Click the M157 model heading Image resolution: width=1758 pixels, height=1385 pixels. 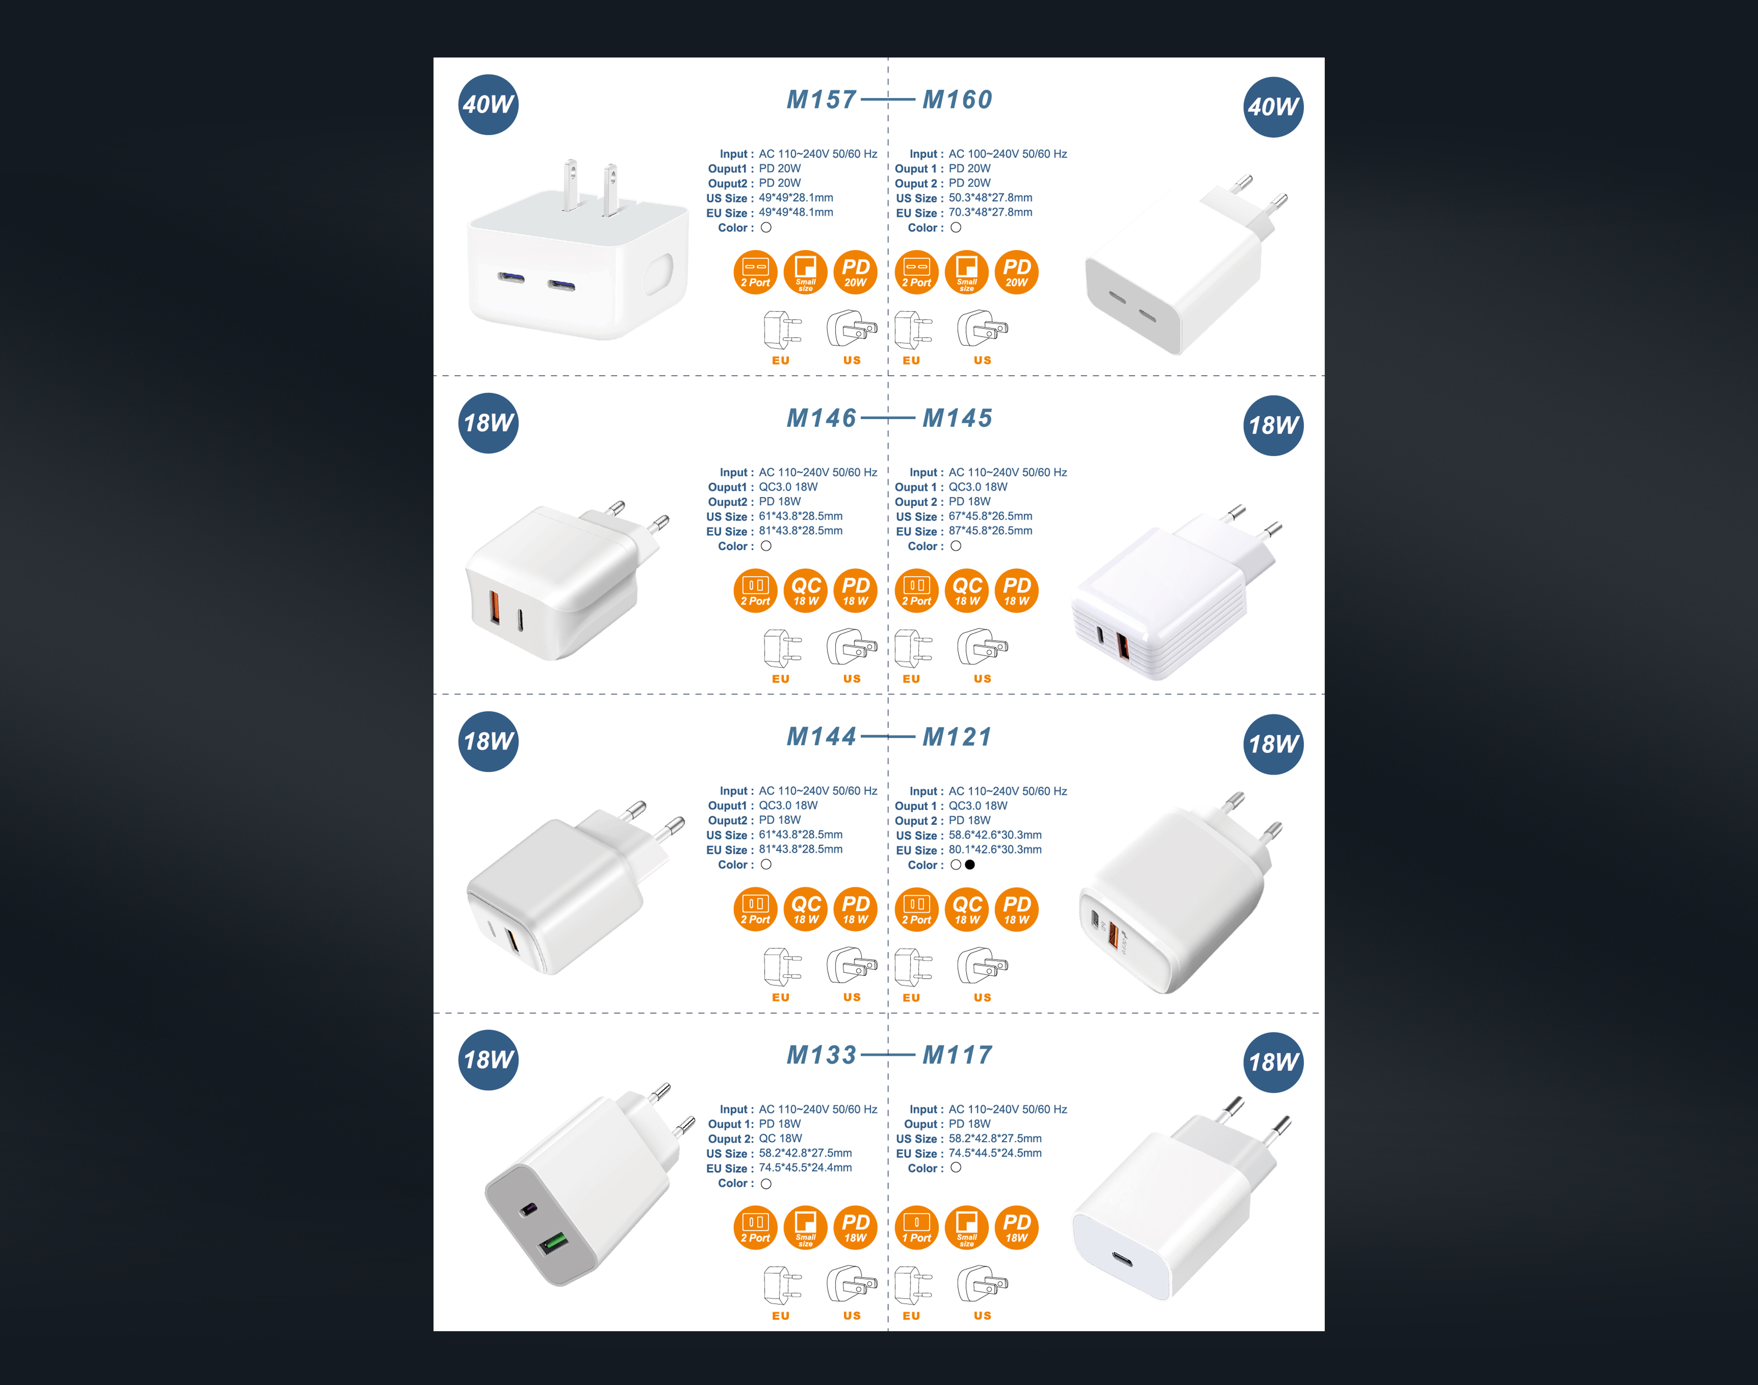(x=821, y=100)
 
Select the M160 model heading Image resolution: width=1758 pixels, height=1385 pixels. (x=958, y=100)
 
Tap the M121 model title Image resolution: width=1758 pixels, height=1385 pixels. (x=958, y=737)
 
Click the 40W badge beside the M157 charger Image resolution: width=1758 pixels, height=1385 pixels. (x=488, y=105)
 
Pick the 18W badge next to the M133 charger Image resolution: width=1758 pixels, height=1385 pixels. (x=488, y=1060)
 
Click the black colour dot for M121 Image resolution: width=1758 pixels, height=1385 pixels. (x=970, y=864)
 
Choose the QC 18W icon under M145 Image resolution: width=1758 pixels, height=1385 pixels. (x=967, y=590)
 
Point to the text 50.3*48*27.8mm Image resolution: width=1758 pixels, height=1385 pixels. (x=991, y=198)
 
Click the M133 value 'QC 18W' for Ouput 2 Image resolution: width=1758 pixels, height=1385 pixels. (x=780, y=1138)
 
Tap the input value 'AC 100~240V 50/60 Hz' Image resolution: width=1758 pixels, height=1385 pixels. (x=1008, y=154)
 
